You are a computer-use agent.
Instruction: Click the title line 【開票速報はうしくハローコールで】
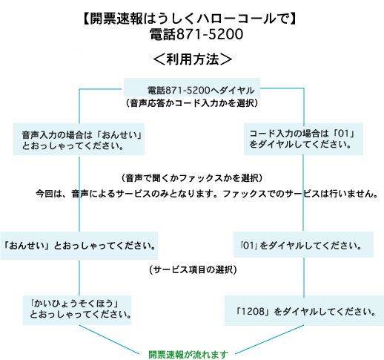[190, 19]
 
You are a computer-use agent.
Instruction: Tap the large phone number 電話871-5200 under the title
[196, 34]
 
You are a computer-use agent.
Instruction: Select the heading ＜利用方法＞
[193, 59]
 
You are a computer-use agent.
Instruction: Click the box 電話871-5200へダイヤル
[192, 88]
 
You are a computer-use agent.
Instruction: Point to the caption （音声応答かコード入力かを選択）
[192, 103]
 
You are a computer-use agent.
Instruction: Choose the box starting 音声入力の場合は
[79, 140]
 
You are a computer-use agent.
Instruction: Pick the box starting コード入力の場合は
[303, 140]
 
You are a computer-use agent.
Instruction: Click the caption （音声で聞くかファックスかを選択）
[192, 178]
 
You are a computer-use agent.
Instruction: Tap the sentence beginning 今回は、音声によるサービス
[207, 194]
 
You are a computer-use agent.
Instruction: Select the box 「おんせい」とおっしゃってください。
[79, 246]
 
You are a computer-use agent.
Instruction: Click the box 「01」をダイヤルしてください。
[303, 245]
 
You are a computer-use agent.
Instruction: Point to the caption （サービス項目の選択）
[193, 269]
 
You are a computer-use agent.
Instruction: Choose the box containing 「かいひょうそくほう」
[77, 310]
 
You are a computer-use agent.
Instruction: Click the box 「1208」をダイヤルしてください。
[304, 311]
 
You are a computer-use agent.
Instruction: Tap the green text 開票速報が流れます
[188, 355]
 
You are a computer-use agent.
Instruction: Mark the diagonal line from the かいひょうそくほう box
[109, 339]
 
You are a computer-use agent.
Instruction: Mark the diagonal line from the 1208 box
[269, 339]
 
